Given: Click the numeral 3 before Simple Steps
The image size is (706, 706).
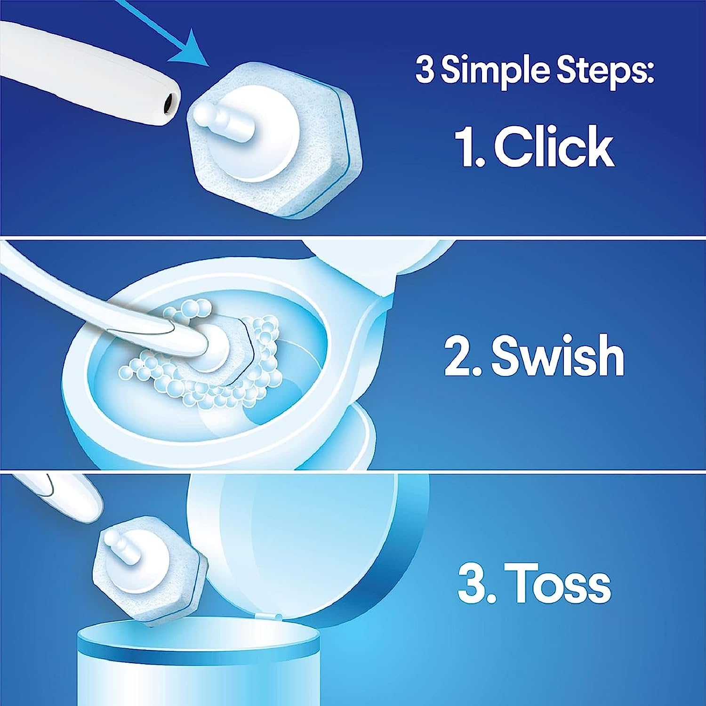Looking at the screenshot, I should tap(425, 70).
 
